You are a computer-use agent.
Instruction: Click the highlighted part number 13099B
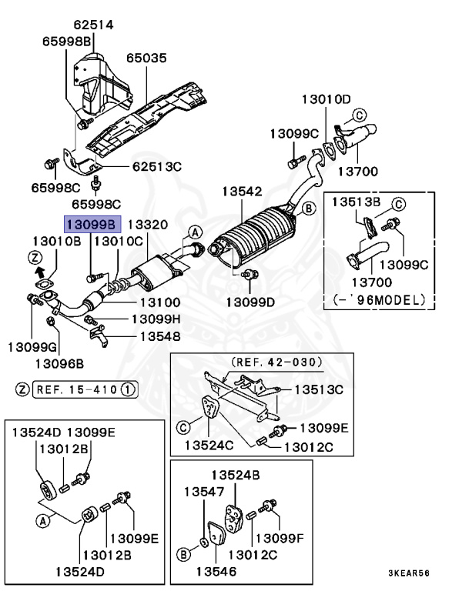92,224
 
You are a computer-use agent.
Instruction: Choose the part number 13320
147,224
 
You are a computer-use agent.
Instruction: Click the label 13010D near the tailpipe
325,99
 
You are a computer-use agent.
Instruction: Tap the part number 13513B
357,202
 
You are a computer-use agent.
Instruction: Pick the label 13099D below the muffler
250,302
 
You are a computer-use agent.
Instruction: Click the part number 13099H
156,319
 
